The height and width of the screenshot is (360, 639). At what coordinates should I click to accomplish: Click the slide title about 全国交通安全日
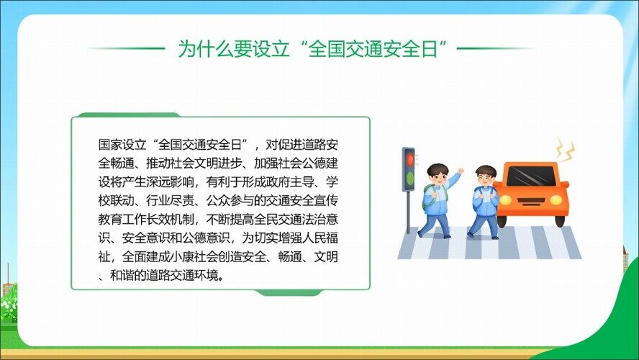tap(313, 49)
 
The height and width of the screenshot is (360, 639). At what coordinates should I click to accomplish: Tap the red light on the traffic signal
tap(409, 159)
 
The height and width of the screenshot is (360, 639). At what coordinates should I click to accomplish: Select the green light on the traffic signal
tap(409, 178)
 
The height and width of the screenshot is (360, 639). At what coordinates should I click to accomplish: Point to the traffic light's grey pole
tap(408, 212)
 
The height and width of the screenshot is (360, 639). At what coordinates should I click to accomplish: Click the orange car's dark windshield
tap(531, 176)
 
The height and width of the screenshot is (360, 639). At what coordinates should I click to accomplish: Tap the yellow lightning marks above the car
tap(566, 149)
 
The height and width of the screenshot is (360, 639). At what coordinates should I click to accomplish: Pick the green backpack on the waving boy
tap(426, 197)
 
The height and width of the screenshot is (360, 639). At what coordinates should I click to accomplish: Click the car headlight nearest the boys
tap(505, 199)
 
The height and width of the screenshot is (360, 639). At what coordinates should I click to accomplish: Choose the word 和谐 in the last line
tap(122, 276)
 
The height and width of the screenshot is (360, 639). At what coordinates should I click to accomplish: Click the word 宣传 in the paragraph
tap(325, 201)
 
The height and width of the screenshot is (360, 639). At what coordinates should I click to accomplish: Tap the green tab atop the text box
tap(129, 115)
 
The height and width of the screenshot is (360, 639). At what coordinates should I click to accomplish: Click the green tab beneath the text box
tap(288, 293)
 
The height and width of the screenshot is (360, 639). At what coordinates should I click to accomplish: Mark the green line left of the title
tap(127, 48)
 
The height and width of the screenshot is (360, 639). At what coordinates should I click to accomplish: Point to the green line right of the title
tap(496, 48)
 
